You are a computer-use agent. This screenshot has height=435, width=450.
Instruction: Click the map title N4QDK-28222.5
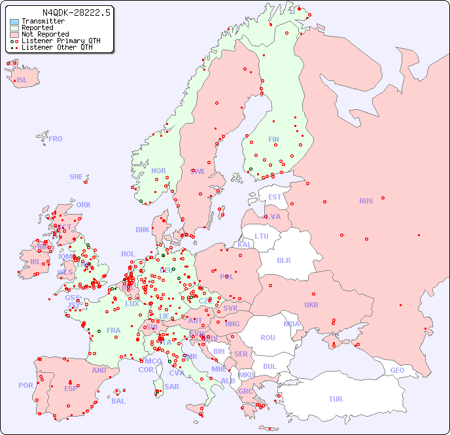[x=77, y=12]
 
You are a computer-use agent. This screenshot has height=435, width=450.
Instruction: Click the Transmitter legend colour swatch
[x=14, y=22]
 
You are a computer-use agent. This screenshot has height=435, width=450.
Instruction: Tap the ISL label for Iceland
[x=22, y=80]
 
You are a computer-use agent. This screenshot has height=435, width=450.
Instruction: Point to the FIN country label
[x=273, y=139]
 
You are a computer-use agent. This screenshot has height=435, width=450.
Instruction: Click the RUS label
[x=366, y=201]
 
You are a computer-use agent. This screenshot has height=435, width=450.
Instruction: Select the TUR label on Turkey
[x=336, y=399]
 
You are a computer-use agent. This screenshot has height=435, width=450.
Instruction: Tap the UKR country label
[x=311, y=305]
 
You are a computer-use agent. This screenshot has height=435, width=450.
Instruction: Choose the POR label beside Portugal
[x=26, y=385]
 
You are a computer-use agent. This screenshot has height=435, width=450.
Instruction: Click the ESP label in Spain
[x=71, y=388]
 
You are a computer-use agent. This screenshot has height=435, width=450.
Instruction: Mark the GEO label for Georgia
[x=397, y=370]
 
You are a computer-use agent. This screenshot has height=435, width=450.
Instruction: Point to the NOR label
[x=159, y=171]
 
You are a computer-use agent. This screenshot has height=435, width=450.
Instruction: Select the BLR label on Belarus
[x=283, y=260]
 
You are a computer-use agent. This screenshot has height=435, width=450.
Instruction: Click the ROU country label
[x=268, y=338]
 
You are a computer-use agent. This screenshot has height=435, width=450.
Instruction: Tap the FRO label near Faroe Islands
[x=55, y=139]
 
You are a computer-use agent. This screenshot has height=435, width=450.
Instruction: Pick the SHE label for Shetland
[x=77, y=177]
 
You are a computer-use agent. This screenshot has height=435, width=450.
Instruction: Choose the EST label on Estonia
[x=275, y=197]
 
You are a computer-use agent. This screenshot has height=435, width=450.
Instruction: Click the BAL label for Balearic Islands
[x=118, y=401]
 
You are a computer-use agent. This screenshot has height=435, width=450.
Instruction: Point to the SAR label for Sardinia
[x=171, y=386]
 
